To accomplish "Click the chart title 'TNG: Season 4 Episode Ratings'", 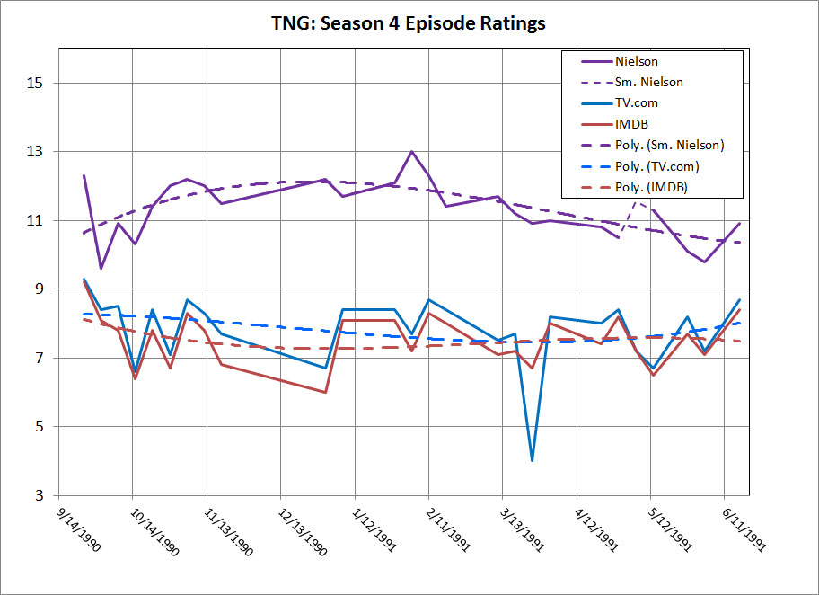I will click(409, 24).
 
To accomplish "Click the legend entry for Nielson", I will click(636, 62).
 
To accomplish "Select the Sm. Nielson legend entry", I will click(648, 83).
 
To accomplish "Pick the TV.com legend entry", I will click(637, 103).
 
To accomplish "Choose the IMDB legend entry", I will click(631, 124).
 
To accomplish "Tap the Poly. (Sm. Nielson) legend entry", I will click(669, 145).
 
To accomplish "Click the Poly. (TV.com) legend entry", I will click(657, 165).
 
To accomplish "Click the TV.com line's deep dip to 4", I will click(533, 460).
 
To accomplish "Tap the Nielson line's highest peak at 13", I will click(411, 152).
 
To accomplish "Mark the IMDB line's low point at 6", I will click(325, 392).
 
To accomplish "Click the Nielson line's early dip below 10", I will click(101, 268).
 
